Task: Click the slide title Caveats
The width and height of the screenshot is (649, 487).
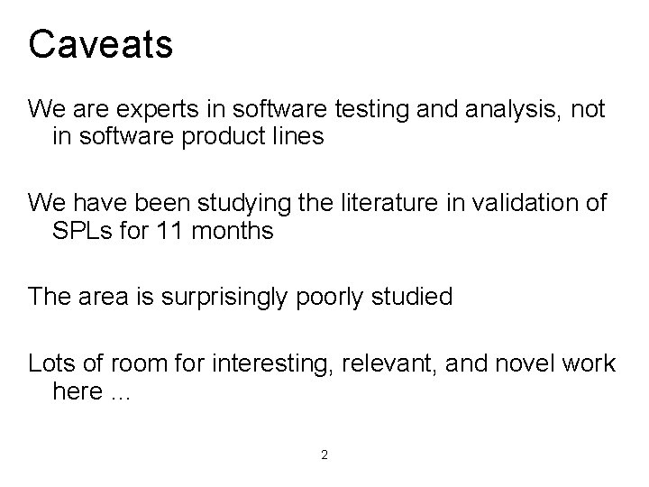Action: tap(101, 44)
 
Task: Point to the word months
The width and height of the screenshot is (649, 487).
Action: tap(232, 230)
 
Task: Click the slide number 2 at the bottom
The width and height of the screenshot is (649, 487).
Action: tap(324, 455)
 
